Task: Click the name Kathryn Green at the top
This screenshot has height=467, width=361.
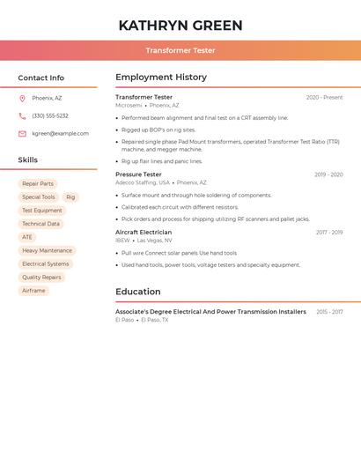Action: (180, 26)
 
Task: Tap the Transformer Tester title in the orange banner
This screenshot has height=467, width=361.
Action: (180, 50)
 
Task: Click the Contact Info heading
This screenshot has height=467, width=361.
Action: (41, 78)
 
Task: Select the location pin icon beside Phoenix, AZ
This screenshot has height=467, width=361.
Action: (22, 98)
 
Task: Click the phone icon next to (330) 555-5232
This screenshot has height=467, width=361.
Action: (22, 115)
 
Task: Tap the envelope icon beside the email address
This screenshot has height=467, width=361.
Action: (22, 133)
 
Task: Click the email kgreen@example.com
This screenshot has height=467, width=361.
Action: (60, 133)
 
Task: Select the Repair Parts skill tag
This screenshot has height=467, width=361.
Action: (38, 184)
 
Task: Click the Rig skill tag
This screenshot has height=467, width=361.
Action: (70, 197)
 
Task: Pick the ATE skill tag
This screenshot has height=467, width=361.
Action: (27, 237)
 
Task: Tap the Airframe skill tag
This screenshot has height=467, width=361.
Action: (33, 290)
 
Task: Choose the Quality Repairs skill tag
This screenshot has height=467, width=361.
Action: (41, 277)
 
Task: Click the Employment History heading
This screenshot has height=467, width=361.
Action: (161, 78)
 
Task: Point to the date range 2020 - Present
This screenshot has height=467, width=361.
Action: (324, 98)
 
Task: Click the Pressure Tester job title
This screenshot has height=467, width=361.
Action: (138, 174)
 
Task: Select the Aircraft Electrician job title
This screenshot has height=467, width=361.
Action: (144, 233)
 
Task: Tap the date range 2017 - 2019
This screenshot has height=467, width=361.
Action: (329, 233)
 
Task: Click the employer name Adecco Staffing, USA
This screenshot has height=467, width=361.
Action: (143, 182)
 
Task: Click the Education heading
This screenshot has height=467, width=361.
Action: (138, 292)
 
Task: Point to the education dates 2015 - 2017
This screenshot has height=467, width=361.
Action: (329, 312)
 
